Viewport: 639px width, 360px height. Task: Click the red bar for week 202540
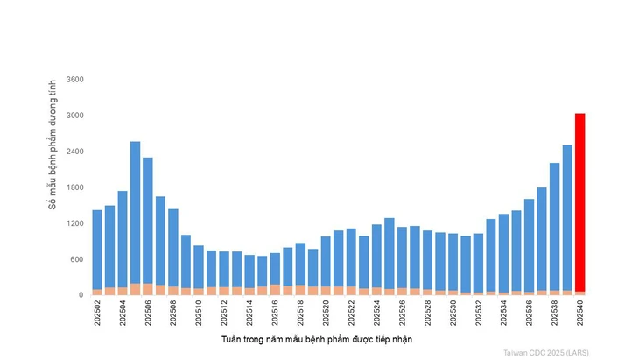pyautogui.click(x=579, y=201)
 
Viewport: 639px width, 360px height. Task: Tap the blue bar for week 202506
pyautogui.click(x=148, y=220)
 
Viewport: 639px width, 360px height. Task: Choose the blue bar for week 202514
pyautogui.click(x=249, y=271)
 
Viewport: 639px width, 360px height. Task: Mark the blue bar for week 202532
pyautogui.click(x=478, y=262)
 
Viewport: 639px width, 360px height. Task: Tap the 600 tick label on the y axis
pyautogui.click(x=76, y=259)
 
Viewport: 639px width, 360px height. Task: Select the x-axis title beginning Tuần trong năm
pyautogui.click(x=316, y=339)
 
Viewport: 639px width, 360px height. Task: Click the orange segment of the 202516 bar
pyautogui.click(x=275, y=289)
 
